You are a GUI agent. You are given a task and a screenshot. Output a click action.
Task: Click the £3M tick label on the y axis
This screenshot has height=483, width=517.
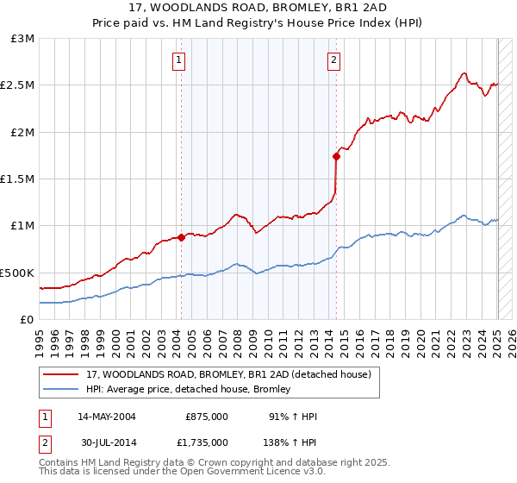pos(22,39)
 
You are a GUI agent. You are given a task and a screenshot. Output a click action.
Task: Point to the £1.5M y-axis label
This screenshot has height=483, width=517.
pos(17,179)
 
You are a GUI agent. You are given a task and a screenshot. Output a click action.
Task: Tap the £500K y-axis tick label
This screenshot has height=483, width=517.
pos(17,273)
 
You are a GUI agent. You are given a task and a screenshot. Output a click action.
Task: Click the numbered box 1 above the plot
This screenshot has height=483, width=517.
pos(178,60)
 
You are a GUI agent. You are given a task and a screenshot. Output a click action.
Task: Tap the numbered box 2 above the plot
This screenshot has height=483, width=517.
pos(333,60)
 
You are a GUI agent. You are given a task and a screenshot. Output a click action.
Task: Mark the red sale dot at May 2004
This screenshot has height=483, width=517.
pos(181,237)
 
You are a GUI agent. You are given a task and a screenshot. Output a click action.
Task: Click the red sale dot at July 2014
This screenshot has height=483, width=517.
pos(336,156)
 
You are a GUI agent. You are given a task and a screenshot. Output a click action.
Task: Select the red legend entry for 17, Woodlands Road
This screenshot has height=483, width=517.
pos(228,374)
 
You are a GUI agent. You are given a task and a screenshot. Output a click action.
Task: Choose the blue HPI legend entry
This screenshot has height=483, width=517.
pos(188,390)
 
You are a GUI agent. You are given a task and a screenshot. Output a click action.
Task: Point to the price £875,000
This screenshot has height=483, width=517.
pos(207,417)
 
